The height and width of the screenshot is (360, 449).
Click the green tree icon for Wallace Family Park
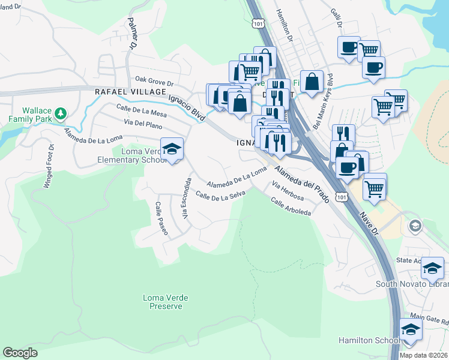pos(60,113)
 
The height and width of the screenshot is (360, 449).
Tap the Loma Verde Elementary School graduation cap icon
pos(172,149)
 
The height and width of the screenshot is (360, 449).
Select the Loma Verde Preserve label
pos(162,301)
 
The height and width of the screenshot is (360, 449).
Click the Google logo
pos(20,353)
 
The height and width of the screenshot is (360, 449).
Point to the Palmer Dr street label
pos(131,33)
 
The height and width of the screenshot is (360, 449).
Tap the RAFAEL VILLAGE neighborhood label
pos(130,91)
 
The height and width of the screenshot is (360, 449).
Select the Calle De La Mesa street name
pos(141,112)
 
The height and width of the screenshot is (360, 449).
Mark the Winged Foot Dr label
pos(48,166)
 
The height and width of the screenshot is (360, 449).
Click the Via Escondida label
pos(187,198)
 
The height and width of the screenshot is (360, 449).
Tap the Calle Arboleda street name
pos(291,208)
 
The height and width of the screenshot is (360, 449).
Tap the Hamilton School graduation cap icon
pos(411,330)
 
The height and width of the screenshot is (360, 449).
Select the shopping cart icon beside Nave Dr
pos(375,187)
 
